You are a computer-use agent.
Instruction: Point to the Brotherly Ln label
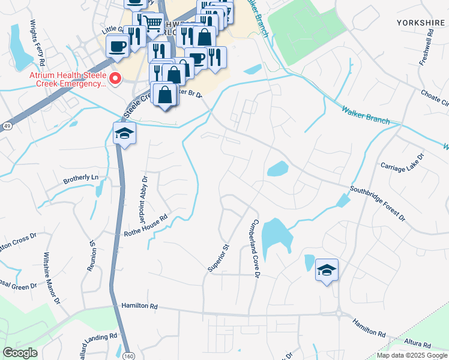80,178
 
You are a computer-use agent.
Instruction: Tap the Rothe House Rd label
145,226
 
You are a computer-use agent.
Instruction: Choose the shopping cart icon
153,24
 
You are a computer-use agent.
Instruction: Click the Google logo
20,353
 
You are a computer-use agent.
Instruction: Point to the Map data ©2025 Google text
411,355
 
